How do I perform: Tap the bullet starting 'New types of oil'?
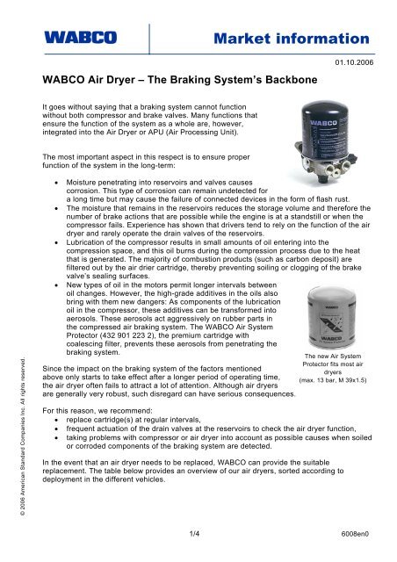coord(158,279)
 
